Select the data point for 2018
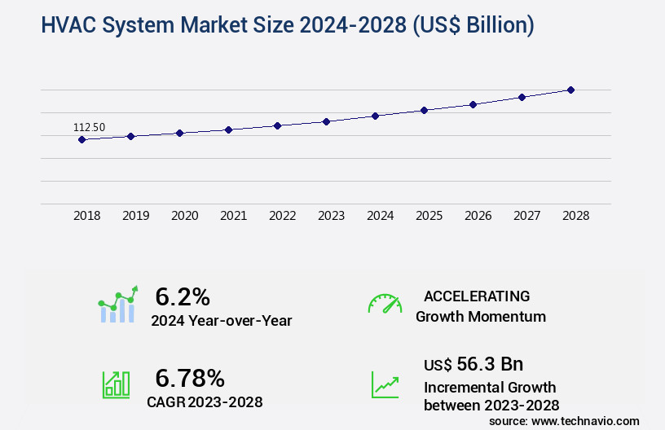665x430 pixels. [81, 139]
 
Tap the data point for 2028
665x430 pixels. [570, 90]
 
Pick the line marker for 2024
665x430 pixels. [375, 116]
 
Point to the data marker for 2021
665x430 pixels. [228, 129]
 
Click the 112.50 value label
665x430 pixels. [89, 127]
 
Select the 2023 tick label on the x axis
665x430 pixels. [331, 216]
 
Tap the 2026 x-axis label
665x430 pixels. [478, 216]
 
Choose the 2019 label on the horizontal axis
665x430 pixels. [135, 216]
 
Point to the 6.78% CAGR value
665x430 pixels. [190, 377]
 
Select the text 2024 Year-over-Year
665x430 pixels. [221, 321]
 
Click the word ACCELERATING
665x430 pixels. [477, 296]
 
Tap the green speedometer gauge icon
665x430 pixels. [385, 304]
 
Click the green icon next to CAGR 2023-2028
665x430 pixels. [116, 384]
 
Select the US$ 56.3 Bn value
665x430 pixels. [473, 364]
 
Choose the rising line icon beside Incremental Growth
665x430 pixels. [385, 384]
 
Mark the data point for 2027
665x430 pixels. [522, 97]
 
